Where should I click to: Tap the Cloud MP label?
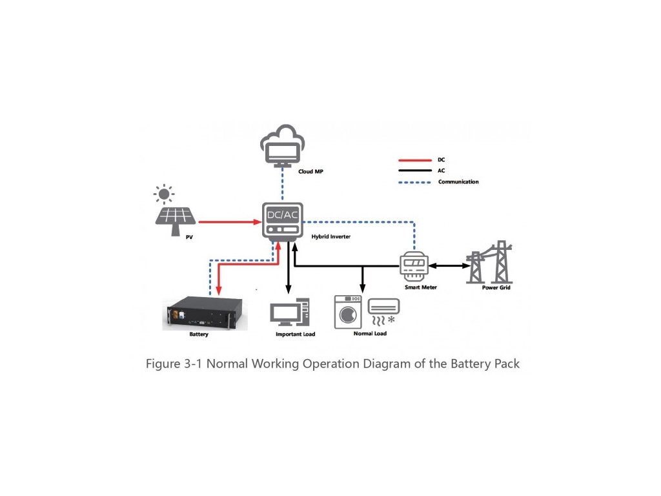(x=310, y=171)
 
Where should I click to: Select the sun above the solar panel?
(x=164, y=194)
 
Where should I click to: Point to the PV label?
(x=189, y=237)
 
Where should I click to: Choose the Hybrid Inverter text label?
(x=331, y=236)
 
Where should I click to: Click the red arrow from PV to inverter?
(x=230, y=222)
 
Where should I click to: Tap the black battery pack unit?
(x=205, y=313)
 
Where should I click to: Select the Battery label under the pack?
(x=199, y=334)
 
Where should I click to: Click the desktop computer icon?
(x=290, y=312)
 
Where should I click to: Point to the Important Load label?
(x=295, y=334)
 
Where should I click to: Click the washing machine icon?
(x=348, y=312)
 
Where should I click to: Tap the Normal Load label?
(x=370, y=333)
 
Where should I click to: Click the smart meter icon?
(x=414, y=267)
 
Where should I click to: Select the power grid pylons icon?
(x=489, y=262)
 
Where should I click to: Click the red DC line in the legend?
(x=415, y=160)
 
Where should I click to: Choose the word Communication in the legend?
(x=458, y=181)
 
